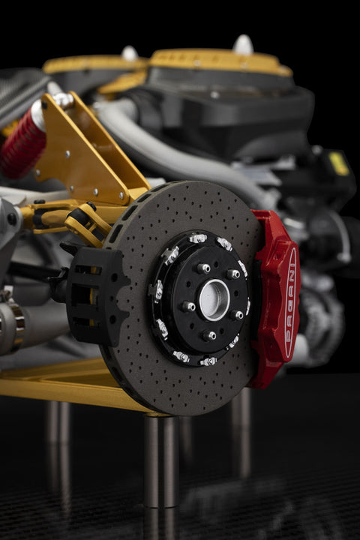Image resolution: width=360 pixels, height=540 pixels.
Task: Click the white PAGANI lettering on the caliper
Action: [290, 303]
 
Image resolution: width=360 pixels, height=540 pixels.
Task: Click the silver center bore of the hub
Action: [214, 299]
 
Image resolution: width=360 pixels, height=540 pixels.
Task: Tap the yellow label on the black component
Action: [338, 163]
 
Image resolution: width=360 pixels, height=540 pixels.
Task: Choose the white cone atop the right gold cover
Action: [243, 45]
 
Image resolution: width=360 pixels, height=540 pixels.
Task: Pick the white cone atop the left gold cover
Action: [130, 53]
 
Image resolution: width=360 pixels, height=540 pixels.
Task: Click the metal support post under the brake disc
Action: [161, 461]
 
